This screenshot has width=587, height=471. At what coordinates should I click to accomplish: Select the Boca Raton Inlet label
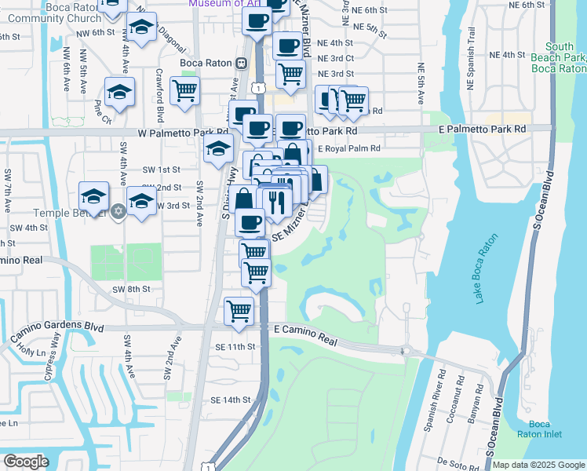538,429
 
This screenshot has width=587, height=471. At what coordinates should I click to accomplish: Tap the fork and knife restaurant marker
275,203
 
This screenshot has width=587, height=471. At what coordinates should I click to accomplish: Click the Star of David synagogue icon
118,210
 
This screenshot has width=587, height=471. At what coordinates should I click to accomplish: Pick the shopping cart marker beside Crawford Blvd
184,90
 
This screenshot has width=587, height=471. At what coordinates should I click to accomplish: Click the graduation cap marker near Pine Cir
119,93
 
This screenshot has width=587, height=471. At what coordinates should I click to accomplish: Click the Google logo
26,462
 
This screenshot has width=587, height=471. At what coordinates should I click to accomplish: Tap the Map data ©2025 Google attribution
538,465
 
